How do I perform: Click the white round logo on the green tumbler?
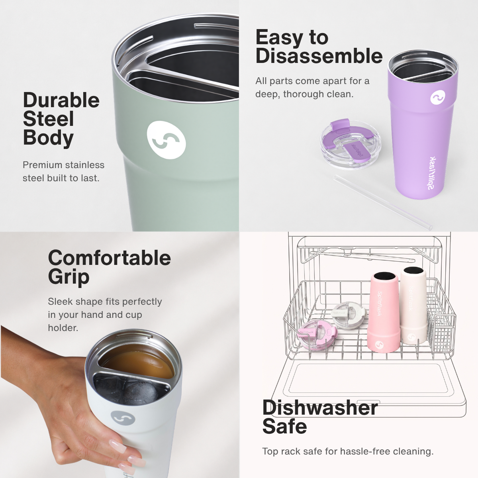point(166,140)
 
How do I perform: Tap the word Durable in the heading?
point(61,100)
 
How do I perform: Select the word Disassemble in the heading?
point(319,56)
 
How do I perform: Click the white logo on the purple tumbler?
point(437,98)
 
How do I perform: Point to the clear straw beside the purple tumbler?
point(383,202)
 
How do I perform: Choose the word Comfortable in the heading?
point(110,258)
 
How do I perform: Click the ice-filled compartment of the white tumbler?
point(128,392)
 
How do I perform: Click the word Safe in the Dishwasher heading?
point(284,426)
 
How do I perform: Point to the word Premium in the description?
point(42,165)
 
